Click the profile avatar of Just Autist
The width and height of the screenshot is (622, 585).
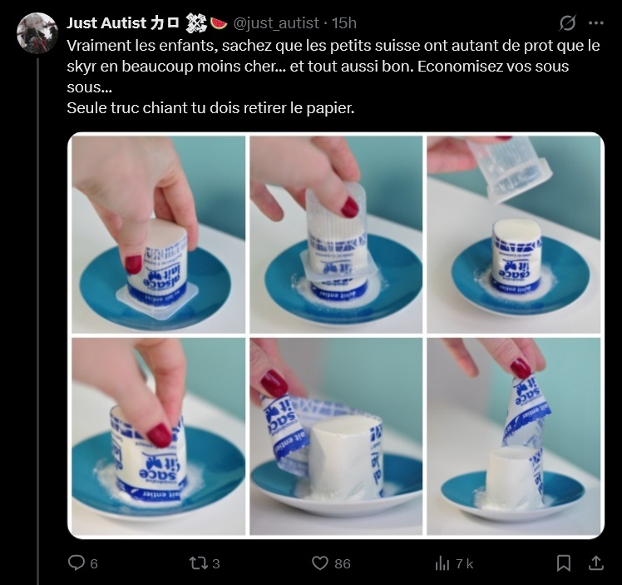[37, 32]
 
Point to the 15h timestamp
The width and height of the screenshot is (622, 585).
[345, 22]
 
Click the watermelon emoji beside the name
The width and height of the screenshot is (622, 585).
[220, 22]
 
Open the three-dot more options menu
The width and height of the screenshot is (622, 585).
[595, 23]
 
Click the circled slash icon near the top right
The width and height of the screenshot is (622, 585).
[568, 23]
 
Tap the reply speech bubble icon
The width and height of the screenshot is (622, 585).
[77, 563]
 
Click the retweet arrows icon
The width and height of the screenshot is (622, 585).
[198, 563]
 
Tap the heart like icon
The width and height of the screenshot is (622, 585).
[320, 563]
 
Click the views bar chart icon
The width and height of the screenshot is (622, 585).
[442, 563]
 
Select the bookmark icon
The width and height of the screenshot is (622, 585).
[564, 563]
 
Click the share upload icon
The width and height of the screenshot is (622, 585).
[595, 563]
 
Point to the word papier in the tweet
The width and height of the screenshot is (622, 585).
[332, 109]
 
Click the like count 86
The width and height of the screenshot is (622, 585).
[342, 563]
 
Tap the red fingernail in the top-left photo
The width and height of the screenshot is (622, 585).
[133, 264]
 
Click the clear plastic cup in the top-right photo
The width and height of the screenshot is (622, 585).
[508, 167]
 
